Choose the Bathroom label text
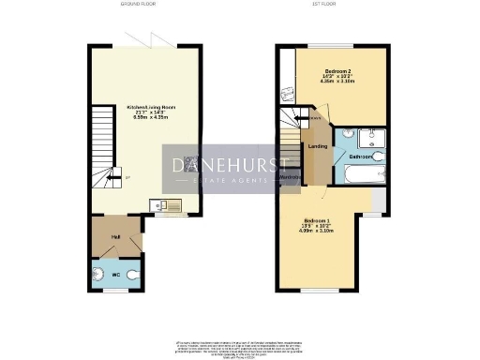pyautogui.click(x=362, y=157)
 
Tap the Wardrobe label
pyautogui.click(x=290, y=176)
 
